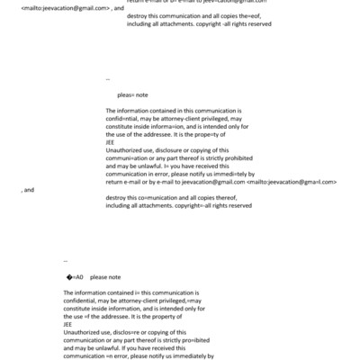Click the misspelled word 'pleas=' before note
[126, 93]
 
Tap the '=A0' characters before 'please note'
[76, 276]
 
